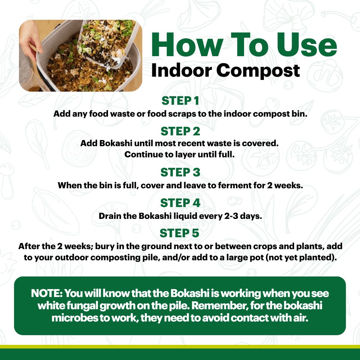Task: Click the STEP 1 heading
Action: click(x=180, y=101)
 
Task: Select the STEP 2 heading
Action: click(x=180, y=131)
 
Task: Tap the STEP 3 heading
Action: click(x=180, y=172)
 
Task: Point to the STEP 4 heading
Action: click(x=180, y=203)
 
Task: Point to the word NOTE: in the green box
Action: click(x=46, y=293)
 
